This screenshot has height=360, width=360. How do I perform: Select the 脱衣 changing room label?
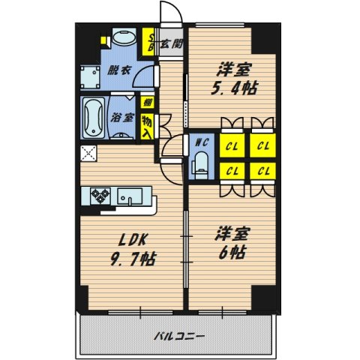(x=116, y=72)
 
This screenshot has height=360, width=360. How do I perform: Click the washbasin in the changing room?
(x=121, y=40)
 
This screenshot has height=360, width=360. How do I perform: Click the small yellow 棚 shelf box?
(x=148, y=103)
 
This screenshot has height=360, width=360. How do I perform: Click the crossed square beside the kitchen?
(x=88, y=155)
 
